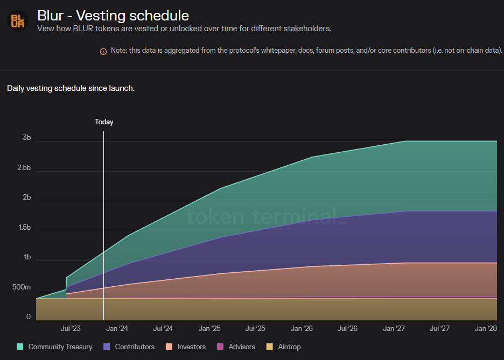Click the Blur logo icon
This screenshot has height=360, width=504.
(17, 20)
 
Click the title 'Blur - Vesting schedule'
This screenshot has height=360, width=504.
(113, 15)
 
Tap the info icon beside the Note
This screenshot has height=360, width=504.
(103, 51)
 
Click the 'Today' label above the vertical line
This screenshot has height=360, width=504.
(104, 122)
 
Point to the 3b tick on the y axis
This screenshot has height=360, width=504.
(26, 138)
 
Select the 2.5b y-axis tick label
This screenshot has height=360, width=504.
(23, 168)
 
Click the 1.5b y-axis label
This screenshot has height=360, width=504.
(23, 228)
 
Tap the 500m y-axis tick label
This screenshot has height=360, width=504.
(22, 287)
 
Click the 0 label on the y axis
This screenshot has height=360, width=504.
(29, 317)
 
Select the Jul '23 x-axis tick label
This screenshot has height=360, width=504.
(71, 328)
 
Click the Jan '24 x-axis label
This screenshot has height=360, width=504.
(117, 328)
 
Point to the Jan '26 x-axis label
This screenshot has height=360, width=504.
(302, 328)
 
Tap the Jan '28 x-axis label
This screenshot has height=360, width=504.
(486, 328)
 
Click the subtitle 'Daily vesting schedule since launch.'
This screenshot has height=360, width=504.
(71, 88)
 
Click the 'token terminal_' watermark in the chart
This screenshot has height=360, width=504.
(263, 216)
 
